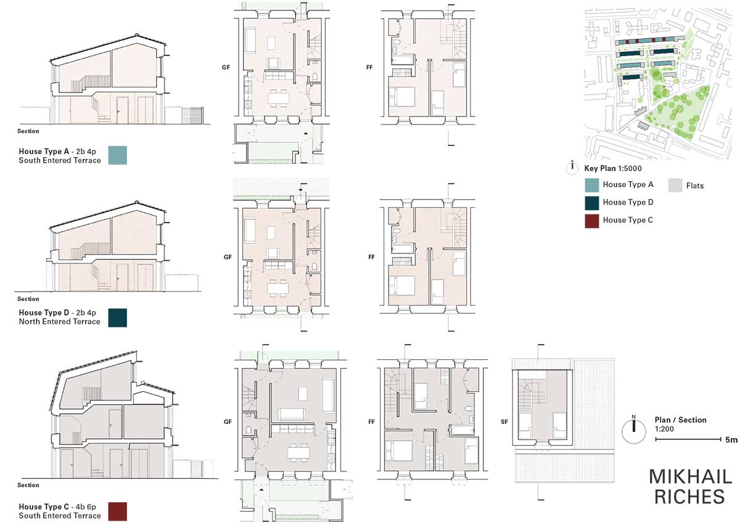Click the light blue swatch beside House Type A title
pyautogui.click(x=118, y=155)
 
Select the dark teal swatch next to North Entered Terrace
pyautogui.click(x=118, y=317)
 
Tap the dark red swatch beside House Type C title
pyautogui.click(x=118, y=511)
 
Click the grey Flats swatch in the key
pyautogui.click(x=675, y=185)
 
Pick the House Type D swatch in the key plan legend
pyautogui.click(x=591, y=203)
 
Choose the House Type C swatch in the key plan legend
pyautogui.click(x=591, y=221)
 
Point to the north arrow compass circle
pyautogui.click(x=634, y=431)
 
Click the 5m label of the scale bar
pyautogui.click(x=731, y=440)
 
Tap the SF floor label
pyautogui.click(x=504, y=421)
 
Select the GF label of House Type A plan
pyautogui.click(x=226, y=67)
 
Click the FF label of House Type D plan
pyautogui.click(x=371, y=257)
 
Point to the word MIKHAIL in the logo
pyautogui.click(x=691, y=477)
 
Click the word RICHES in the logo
pyautogui.click(x=689, y=497)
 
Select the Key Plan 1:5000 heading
pyautogui.click(x=613, y=168)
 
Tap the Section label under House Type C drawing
pyautogui.click(x=28, y=485)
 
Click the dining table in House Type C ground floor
pyautogui.click(x=298, y=452)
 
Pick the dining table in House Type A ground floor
pyautogui.click(x=278, y=98)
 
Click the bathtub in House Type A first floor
pyautogui.click(x=403, y=60)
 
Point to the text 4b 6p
pyautogui.click(x=86, y=507)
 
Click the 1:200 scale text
pyautogui.click(x=664, y=429)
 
